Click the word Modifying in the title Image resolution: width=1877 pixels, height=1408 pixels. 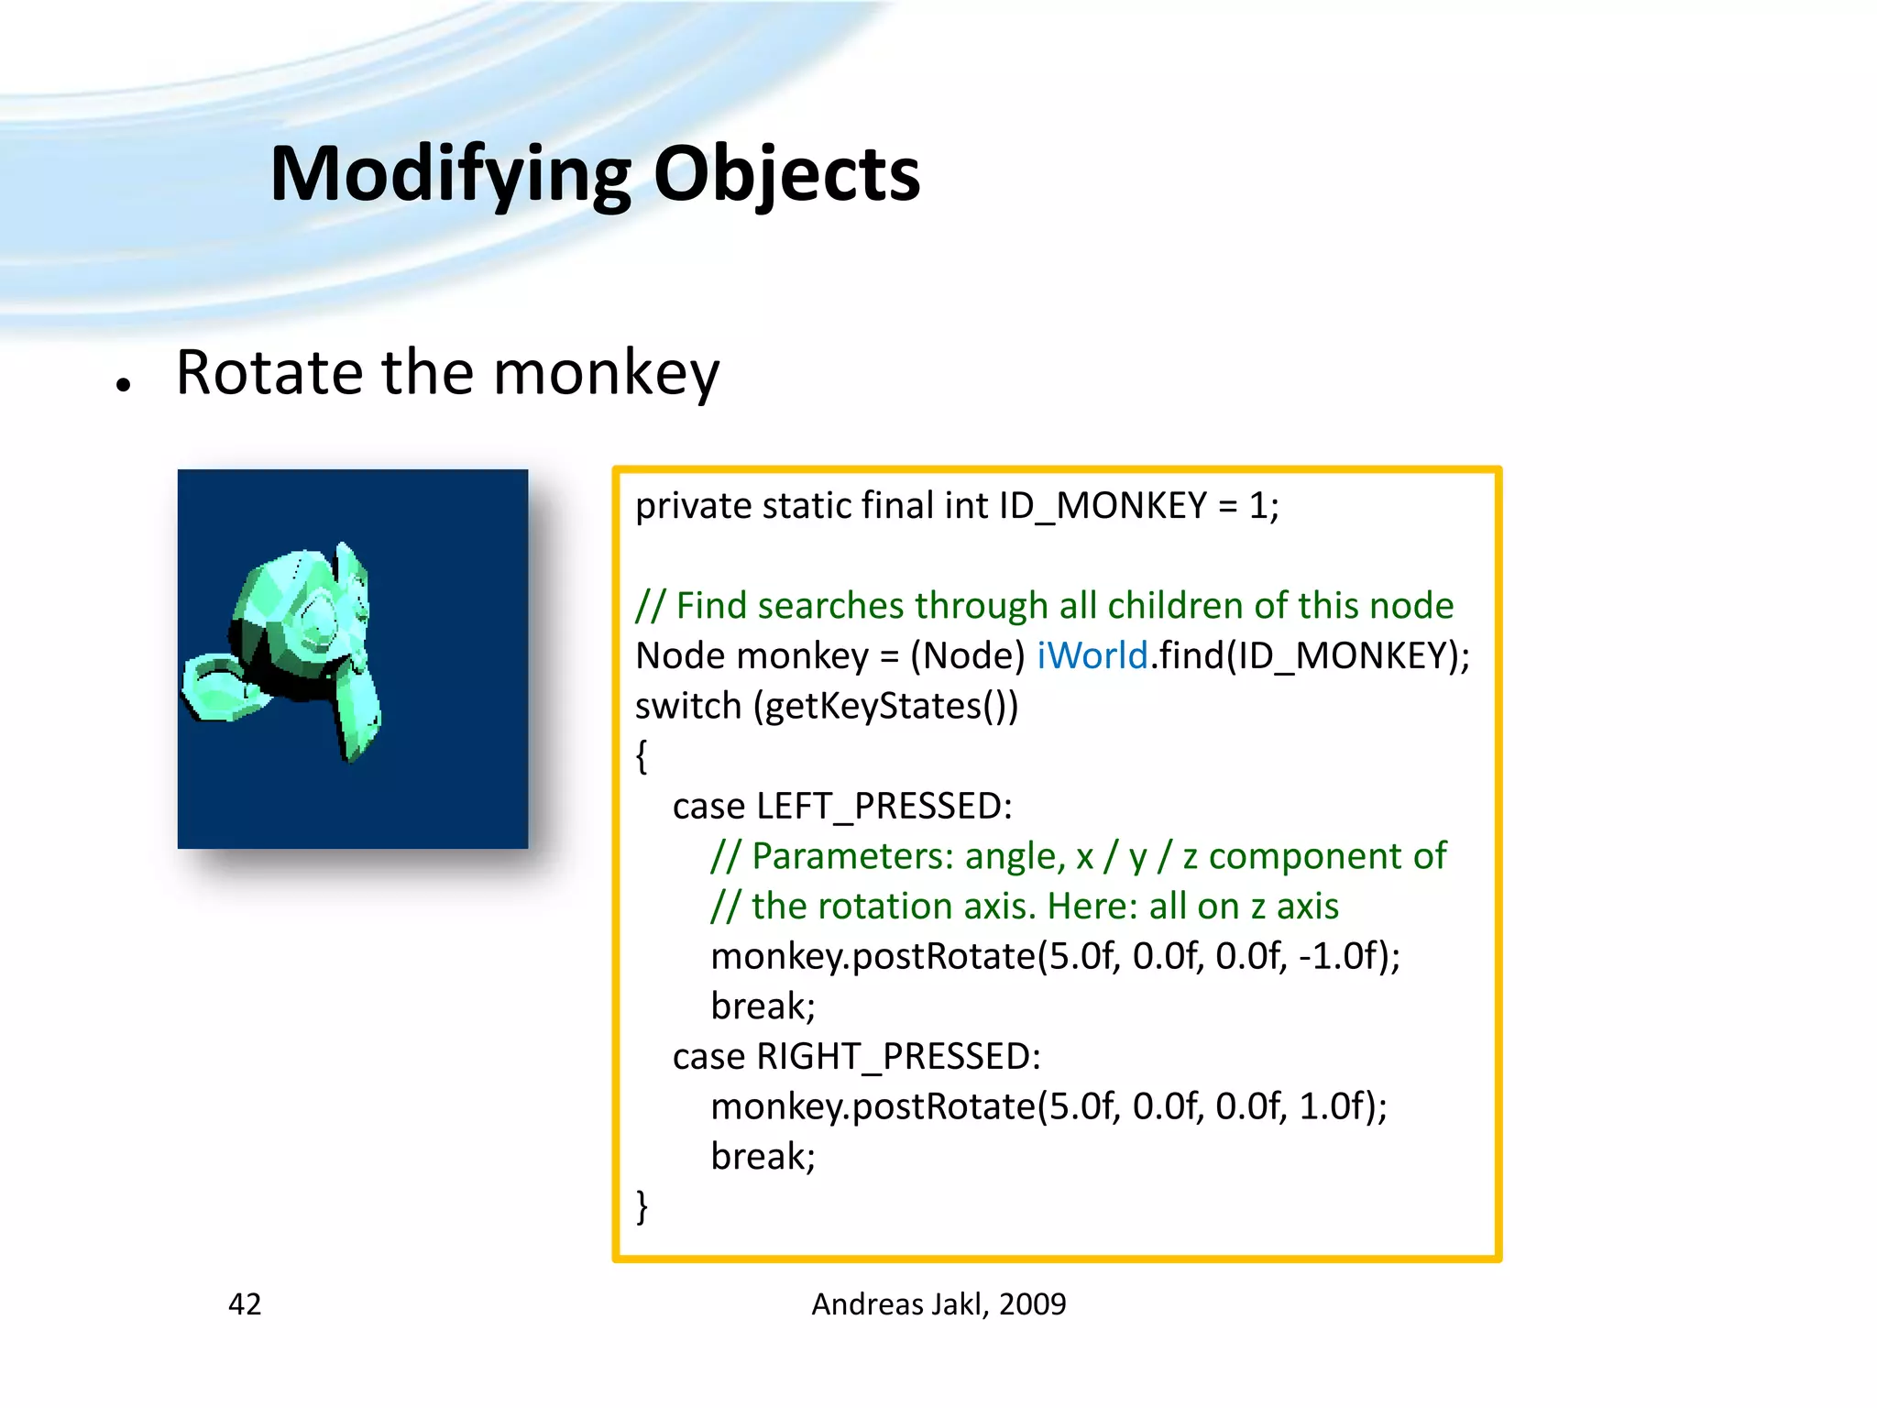point(450,174)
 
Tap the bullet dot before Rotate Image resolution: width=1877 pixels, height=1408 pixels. point(124,385)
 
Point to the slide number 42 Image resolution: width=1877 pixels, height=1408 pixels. point(245,1303)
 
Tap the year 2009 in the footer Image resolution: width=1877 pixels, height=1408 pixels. point(1033,1303)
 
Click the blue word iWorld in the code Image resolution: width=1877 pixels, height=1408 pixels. point(1092,656)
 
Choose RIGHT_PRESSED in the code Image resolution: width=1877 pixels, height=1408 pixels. point(897,1057)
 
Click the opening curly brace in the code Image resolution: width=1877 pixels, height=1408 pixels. point(642,756)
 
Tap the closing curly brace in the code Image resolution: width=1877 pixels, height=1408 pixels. point(642,1206)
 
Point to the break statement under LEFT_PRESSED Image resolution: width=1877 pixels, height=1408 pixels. point(763,1006)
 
